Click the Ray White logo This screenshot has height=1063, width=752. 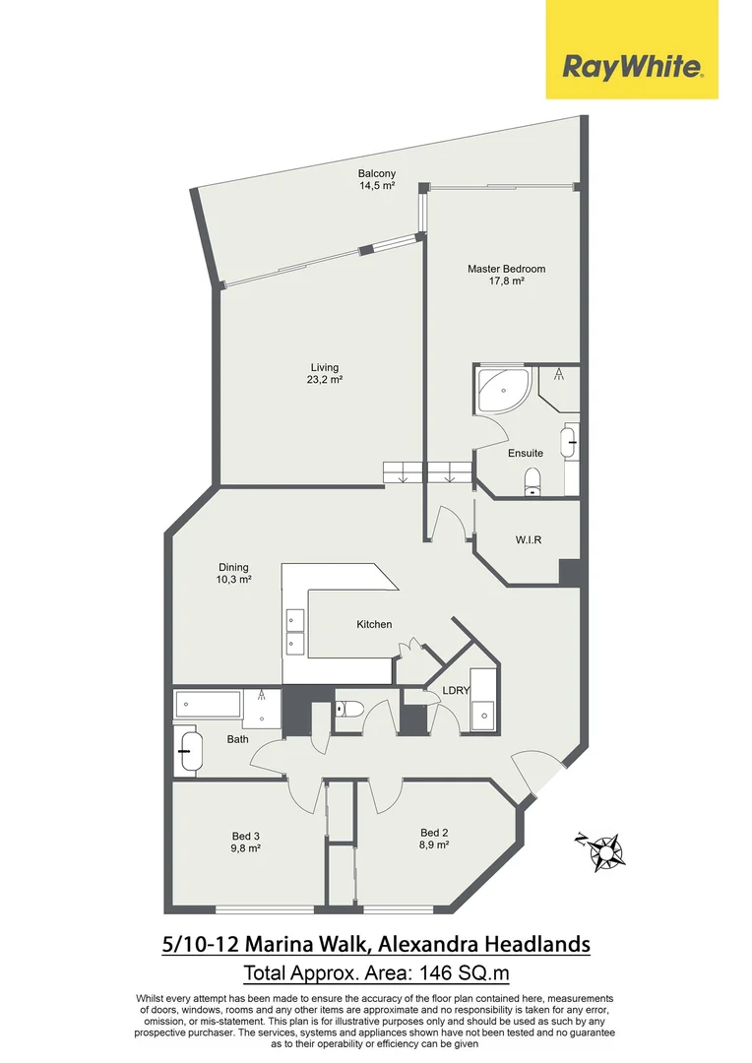pos(632,66)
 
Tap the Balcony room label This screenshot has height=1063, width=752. pos(376,179)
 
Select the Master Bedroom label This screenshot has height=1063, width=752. pos(506,274)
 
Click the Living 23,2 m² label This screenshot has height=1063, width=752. pos(324,373)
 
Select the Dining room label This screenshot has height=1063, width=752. pos(233,573)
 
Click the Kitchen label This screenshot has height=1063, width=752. pos(374,624)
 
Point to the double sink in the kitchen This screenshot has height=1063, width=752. pos(294,631)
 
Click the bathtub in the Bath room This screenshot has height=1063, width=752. pos(208,705)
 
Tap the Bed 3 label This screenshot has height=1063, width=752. pos(245,842)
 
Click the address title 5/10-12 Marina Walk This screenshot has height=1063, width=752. pos(376,945)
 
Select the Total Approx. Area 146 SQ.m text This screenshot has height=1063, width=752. pos(376,974)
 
